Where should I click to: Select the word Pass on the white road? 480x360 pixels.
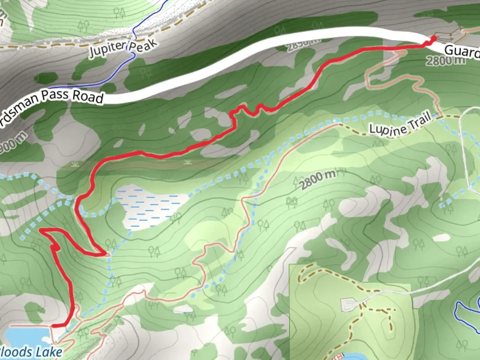[x=56, y=95]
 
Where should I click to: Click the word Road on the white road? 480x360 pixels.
[x=88, y=97]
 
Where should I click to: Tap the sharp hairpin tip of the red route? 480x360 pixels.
[x=106, y=254]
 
